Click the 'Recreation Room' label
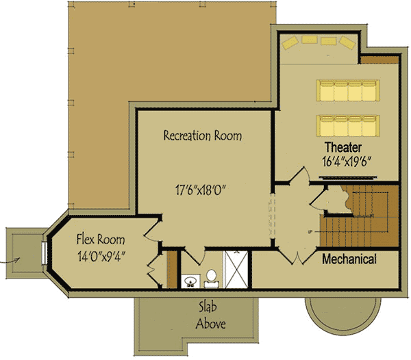[x=202, y=136]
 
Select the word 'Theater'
[x=343, y=147]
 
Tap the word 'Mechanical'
[x=349, y=259]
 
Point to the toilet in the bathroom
[x=211, y=277]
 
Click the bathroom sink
[x=190, y=279]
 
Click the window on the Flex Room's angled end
[x=46, y=252]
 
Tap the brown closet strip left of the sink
[x=172, y=270]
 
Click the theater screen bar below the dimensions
[x=348, y=175]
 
